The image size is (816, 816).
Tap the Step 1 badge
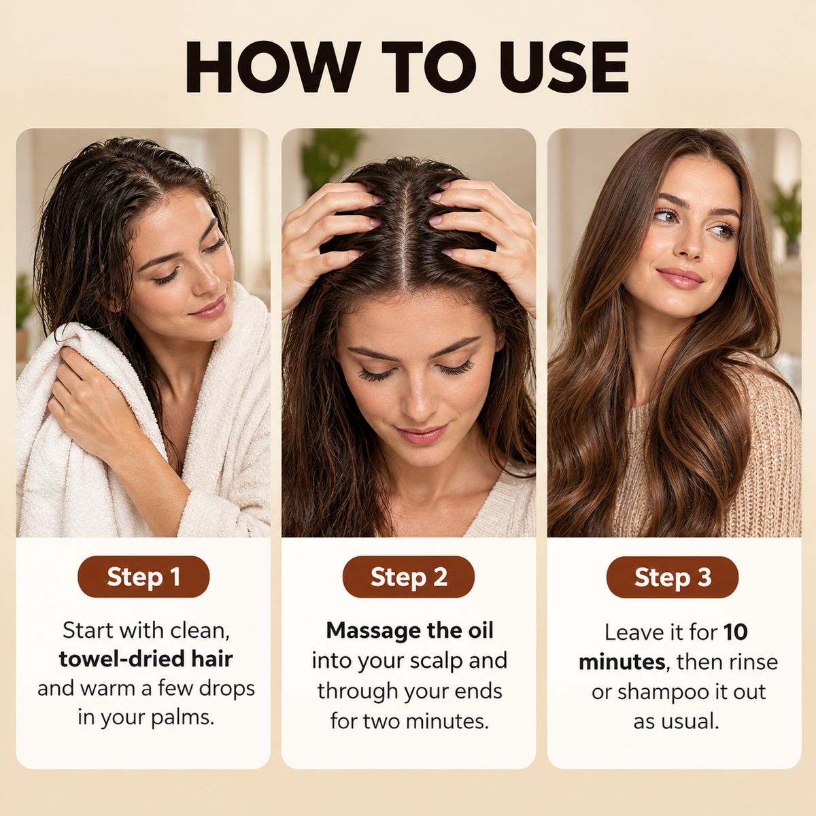coord(143,577)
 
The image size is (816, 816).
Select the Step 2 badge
coord(409,577)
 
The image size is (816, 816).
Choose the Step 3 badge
coord(673,577)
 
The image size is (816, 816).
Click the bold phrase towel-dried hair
coord(146,659)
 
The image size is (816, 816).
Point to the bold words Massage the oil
coord(409,630)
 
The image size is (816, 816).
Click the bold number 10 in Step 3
coord(736,632)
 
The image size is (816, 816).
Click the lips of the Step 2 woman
coord(422,435)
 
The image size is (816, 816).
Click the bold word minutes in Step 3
coord(622,662)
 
